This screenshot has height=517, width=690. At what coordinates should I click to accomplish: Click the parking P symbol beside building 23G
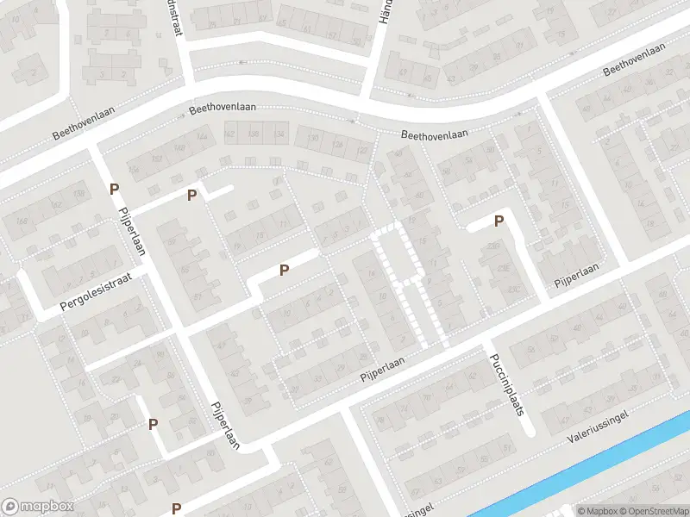[499, 221]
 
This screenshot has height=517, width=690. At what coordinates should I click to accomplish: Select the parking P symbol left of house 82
[154, 424]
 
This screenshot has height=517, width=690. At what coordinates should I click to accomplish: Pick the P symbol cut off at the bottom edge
[176, 509]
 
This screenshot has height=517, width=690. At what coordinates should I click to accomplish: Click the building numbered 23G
[493, 247]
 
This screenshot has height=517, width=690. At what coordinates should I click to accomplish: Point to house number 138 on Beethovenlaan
[254, 134]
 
